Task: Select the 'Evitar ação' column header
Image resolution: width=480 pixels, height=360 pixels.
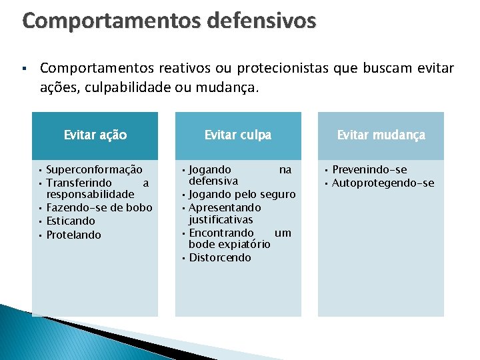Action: [95, 135]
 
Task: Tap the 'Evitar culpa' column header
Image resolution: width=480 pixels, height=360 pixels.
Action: [238, 135]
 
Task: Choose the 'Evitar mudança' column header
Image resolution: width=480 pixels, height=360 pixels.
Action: [381, 135]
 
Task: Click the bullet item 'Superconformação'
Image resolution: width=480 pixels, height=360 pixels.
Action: [94, 169]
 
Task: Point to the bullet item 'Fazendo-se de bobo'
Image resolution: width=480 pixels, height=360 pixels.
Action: [99, 207]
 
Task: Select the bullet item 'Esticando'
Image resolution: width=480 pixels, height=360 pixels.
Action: [71, 221]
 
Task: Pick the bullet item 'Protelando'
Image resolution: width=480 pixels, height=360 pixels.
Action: [74, 235]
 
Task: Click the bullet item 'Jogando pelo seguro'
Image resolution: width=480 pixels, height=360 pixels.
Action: [242, 194]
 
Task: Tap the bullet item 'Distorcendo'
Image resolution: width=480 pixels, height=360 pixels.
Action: [220, 257]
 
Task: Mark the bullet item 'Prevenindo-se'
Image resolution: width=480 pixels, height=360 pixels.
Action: [369, 169]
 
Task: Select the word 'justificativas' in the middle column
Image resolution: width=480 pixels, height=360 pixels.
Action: [221, 219]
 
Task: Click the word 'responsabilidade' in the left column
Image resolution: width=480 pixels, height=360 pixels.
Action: [91, 194]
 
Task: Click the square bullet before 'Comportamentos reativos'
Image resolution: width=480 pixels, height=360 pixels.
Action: [23, 69]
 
